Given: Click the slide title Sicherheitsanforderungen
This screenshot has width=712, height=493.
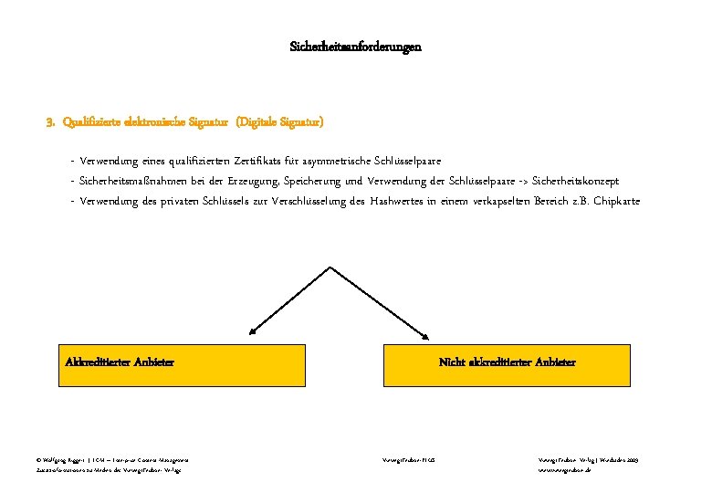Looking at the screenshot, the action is click(x=355, y=46).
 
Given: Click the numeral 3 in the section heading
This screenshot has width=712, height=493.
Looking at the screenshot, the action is click(x=50, y=121).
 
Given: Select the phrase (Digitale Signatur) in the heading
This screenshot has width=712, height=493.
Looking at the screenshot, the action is click(x=279, y=121).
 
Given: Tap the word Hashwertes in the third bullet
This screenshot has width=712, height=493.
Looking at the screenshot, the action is click(x=401, y=201).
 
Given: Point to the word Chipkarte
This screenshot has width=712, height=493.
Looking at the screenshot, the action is click(x=616, y=201).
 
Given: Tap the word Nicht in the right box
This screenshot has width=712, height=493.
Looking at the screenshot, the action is click(x=452, y=362).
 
